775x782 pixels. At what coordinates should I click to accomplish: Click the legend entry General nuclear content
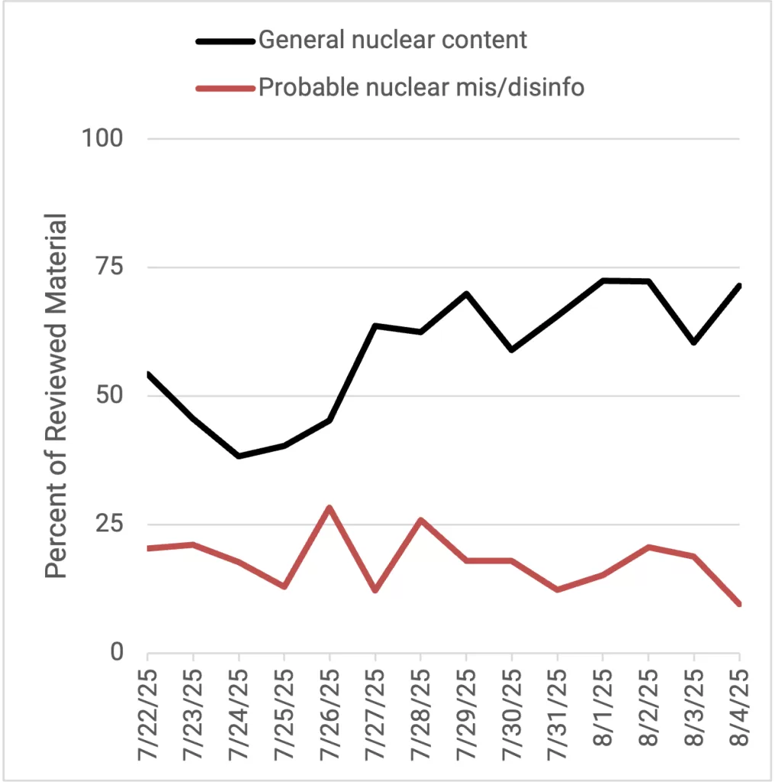click(x=392, y=40)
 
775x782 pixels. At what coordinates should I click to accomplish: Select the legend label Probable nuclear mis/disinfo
click(x=421, y=87)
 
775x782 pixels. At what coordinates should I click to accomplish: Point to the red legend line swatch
click(x=225, y=88)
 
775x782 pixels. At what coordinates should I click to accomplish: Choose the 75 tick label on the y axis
click(x=112, y=267)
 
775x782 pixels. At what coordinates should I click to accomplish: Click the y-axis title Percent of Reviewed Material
click(x=56, y=396)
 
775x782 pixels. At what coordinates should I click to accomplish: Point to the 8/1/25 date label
click(x=603, y=710)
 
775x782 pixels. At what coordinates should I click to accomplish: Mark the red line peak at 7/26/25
click(x=330, y=507)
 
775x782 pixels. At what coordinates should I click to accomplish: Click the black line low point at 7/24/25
click(x=239, y=456)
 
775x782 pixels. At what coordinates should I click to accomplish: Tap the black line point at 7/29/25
click(x=466, y=293)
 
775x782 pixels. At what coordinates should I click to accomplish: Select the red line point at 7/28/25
click(x=420, y=520)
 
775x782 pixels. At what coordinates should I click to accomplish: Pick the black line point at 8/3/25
click(x=693, y=342)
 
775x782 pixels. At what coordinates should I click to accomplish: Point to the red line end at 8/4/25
click(x=738, y=604)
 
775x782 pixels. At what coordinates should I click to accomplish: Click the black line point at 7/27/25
click(x=375, y=326)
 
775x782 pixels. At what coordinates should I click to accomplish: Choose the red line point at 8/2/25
click(x=648, y=547)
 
